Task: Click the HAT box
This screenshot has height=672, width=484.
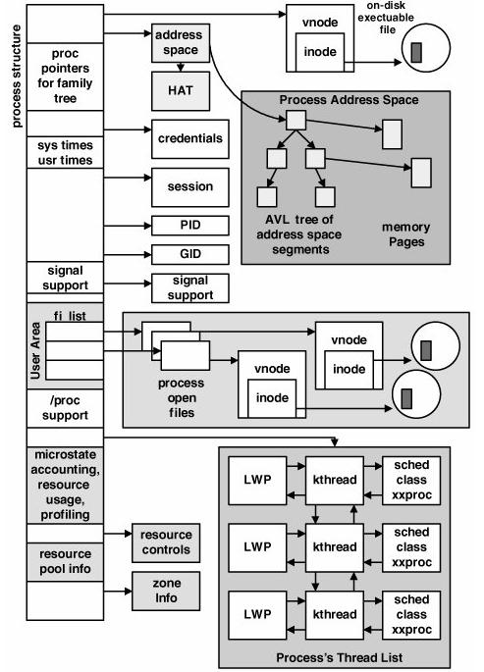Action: [x=181, y=91]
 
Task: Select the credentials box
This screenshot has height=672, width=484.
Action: [x=189, y=139]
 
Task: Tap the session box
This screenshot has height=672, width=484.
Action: [x=189, y=187]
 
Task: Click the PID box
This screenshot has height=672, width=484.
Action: [x=189, y=226]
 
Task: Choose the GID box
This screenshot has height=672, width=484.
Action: [x=189, y=254]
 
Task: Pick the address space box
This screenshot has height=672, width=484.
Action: [x=181, y=43]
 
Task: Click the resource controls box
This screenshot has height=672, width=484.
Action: [x=166, y=543]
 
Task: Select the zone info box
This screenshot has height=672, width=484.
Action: [x=166, y=591]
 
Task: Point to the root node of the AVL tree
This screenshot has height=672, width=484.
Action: [x=296, y=120]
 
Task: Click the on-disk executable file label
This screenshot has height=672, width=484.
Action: [x=386, y=18]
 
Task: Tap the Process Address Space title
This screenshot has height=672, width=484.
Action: [x=349, y=100]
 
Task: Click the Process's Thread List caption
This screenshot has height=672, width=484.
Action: [x=339, y=658]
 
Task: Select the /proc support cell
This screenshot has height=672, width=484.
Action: [x=65, y=408]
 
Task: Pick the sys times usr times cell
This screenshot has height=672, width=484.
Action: [x=65, y=153]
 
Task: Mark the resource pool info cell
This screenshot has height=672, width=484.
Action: [x=65, y=562]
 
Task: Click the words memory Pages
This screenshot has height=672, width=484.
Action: [x=406, y=234]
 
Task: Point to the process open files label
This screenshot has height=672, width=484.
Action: [x=182, y=397]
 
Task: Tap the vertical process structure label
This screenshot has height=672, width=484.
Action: [x=17, y=77]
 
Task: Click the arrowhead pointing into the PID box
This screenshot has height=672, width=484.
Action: [x=148, y=226]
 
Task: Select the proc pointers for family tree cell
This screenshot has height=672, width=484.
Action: [x=65, y=77]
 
